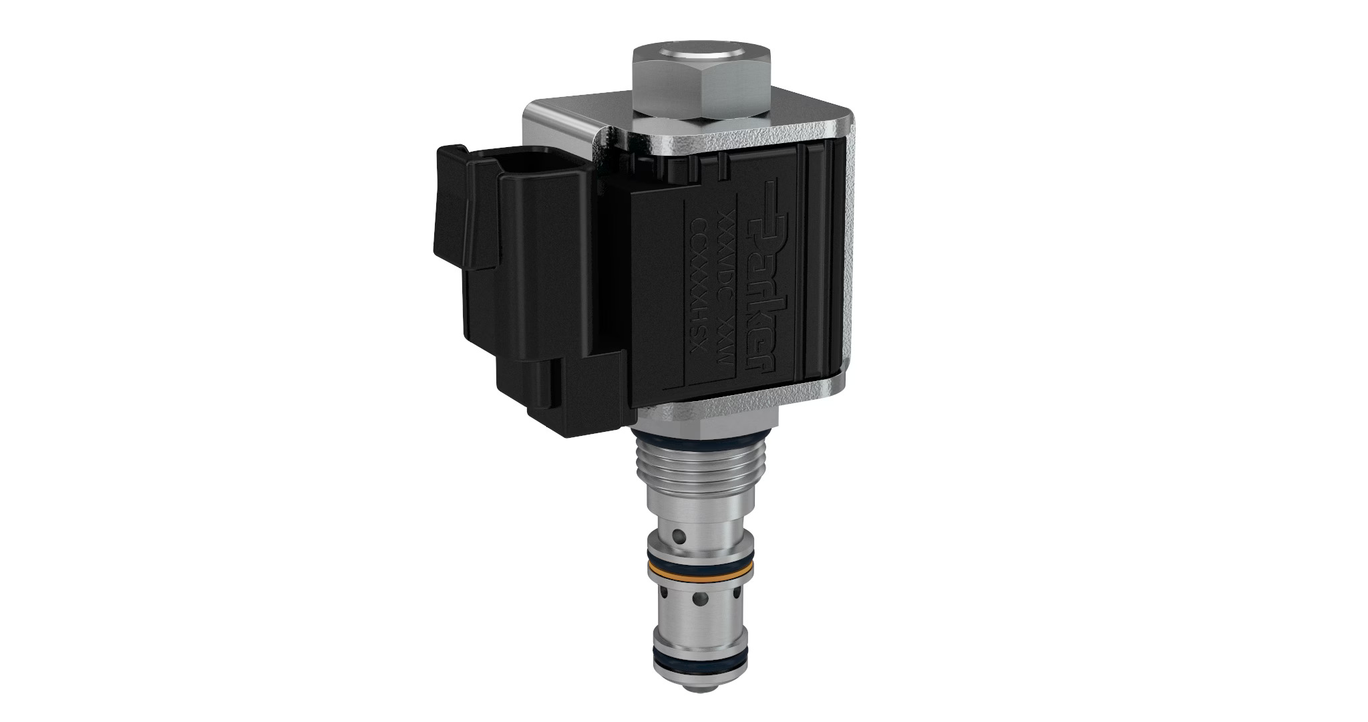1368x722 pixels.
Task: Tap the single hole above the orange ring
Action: (679, 535)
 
